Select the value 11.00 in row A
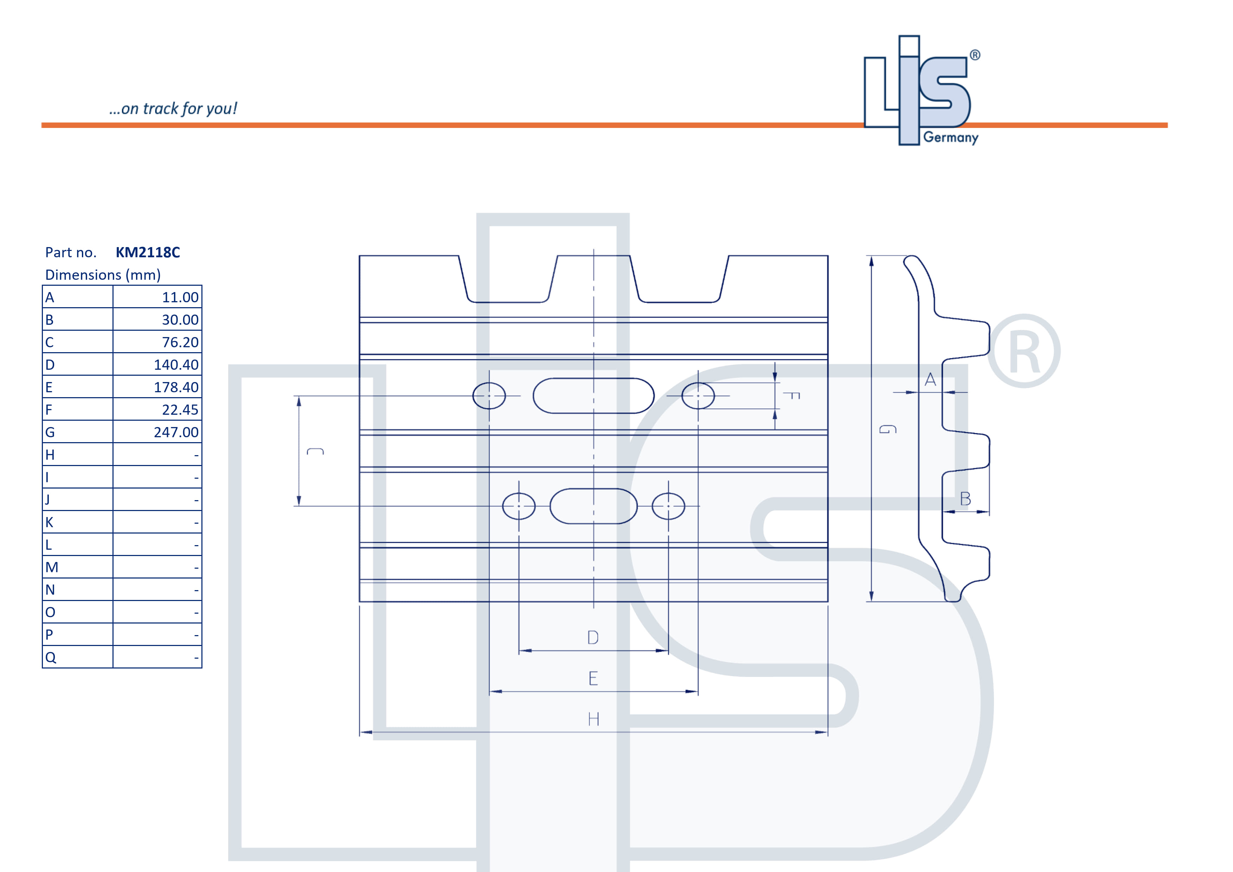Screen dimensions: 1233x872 pyautogui.click(x=180, y=297)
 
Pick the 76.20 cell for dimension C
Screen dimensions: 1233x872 pyautogui.click(x=180, y=343)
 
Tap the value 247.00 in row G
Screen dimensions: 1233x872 pyautogui.click(x=176, y=432)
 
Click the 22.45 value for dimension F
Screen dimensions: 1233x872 pyautogui.click(x=180, y=410)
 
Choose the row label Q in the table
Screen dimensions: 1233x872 pyautogui.click(x=51, y=658)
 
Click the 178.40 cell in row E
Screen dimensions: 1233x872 pyautogui.click(x=176, y=387)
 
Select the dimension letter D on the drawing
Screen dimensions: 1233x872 pyautogui.click(x=593, y=637)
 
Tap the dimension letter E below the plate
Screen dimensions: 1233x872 pyautogui.click(x=593, y=678)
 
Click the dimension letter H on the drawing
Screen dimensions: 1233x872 pyautogui.click(x=593, y=719)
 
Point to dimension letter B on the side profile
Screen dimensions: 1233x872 pyautogui.click(x=965, y=499)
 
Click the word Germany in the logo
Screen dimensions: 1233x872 pyautogui.click(x=950, y=137)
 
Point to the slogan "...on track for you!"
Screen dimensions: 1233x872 pyautogui.click(x=173, y=109)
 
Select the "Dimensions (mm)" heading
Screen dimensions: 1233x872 pyautogui.click(x=103, y=275)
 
